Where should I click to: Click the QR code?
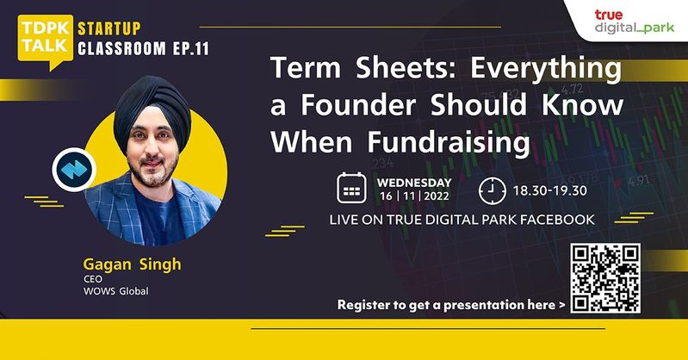tap(605, 278)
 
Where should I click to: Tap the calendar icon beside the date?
tap(351, 188)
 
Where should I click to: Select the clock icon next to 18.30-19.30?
tap(492, 191)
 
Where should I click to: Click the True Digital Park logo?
tap(634, 22)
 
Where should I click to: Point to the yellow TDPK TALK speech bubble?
tap(45, 40)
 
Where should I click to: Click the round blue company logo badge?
tap(74, 170)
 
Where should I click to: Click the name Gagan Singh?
tap(132, 264)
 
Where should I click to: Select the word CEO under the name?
tap(93, 279)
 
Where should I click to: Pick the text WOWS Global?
tap(116, 291)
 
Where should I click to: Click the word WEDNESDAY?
tap(414, 183)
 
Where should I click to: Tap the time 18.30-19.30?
tap(549, 191)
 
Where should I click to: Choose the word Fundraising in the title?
tap(449, 142)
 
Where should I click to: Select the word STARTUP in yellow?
tap(109, 29)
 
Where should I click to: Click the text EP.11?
tap(191, 48)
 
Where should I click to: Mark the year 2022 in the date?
tap(437, 196)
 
